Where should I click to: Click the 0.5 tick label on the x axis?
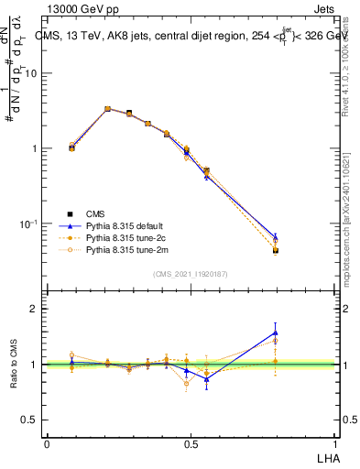click(191, 443)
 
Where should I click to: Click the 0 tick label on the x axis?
click(47, 443)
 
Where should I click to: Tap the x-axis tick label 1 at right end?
click(336, 443)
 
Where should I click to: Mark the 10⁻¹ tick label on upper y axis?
click(30, 224)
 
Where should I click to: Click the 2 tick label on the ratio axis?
click(35, 309)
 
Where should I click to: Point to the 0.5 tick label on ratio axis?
click(30, 420)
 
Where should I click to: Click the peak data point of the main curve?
click(107, 109)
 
